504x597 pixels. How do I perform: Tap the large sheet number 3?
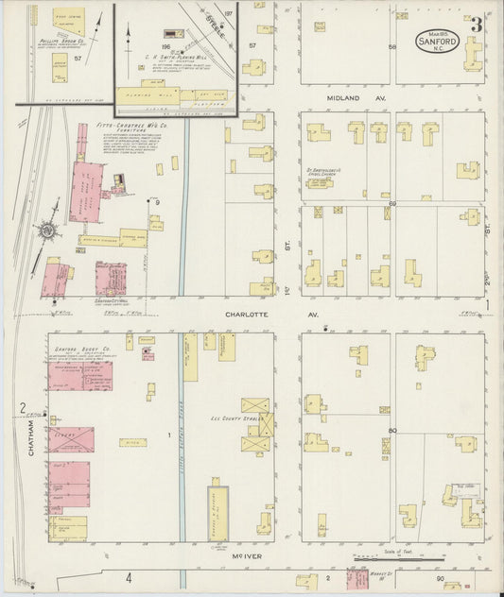[478, 25]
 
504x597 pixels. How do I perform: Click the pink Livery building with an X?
[71, 439]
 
